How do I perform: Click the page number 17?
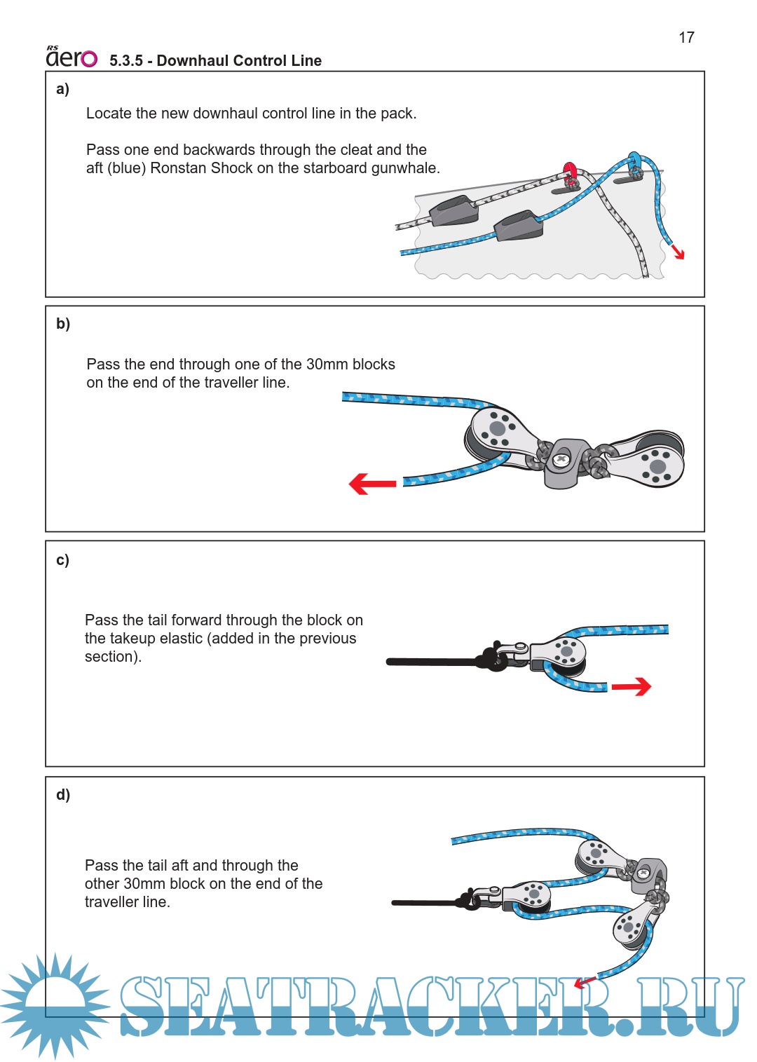(x=686, y=38)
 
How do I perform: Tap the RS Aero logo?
(x=71, y=57)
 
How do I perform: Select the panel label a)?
(x=63, y=89)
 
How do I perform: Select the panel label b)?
(x=63, y=324)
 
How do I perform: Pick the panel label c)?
(x=63, y=560)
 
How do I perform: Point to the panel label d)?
(x=63, y=795)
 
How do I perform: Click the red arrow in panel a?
(x=677, y=252)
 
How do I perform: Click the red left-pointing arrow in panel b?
(x=372, y=484)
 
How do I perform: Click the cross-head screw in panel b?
(x=561, y=460)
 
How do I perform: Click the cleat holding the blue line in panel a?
(x=518, y=226)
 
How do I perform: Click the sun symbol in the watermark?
(x=55, y=1005)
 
